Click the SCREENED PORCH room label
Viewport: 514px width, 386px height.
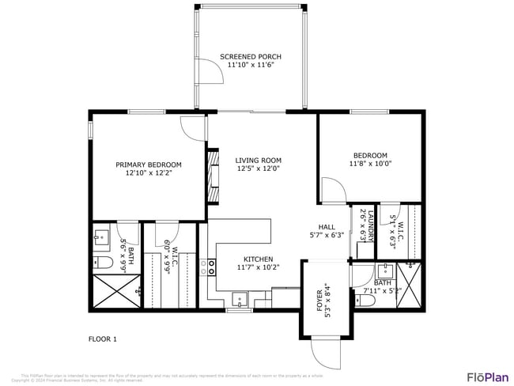pos(251,57)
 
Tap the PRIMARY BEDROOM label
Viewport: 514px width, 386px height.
pos(149,165)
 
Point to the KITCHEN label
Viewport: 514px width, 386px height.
pos(259,259)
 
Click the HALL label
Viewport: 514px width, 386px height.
pos(327,226)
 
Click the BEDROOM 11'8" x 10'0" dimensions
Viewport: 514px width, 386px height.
pos(370,164)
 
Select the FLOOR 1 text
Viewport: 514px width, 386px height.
pos(102,339)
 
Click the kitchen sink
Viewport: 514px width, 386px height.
pos(239,300)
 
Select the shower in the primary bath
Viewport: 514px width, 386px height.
pos(116,290)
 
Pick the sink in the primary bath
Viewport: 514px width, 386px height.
pos(102,236)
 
